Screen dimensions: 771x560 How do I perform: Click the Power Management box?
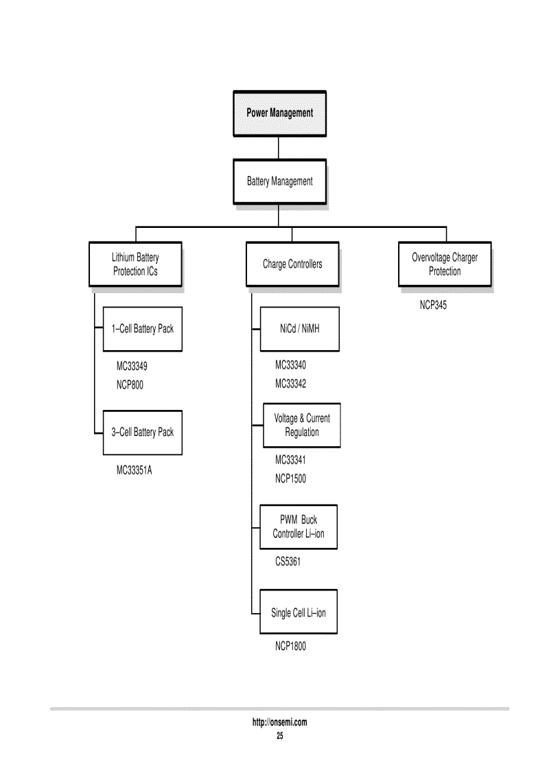279,113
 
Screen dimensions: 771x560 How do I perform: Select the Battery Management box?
279,181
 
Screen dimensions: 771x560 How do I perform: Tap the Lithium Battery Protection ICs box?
135,264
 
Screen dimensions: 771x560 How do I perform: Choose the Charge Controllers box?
292,264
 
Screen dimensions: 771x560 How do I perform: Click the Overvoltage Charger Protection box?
445,264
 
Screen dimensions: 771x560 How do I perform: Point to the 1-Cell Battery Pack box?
143,329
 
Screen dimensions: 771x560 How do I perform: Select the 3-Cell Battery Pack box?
143,433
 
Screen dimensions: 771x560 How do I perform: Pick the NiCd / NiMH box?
300,329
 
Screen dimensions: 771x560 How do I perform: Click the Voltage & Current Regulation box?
302,425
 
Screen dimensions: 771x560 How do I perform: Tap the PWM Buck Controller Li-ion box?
299,527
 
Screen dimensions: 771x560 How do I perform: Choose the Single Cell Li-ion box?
299,612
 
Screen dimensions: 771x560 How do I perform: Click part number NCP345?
433,306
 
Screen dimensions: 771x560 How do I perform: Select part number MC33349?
132,367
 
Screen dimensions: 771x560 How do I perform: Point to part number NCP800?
130,385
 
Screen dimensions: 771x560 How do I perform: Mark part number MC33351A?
134,472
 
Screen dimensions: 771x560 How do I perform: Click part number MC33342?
290,384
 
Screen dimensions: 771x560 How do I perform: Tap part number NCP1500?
290,479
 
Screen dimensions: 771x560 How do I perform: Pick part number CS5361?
288,562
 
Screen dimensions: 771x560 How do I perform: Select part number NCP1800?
290,647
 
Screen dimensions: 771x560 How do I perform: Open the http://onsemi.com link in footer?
279,722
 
